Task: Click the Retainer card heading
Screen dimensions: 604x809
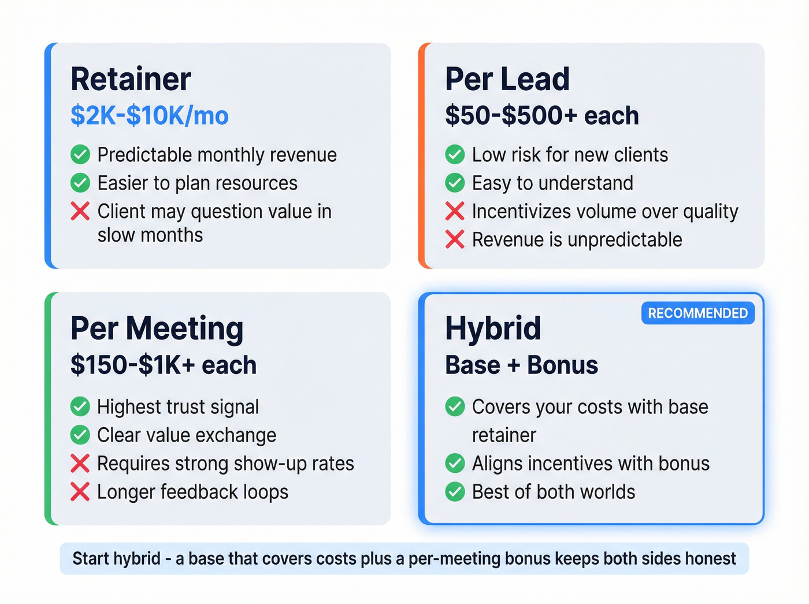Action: click(131, 79)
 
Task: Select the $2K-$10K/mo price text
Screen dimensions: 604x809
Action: click(149, 116)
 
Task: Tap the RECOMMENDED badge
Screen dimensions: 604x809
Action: click(697, 313)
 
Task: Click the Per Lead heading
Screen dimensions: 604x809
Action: click(507, 79)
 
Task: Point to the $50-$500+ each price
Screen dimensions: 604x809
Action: click(541, 116)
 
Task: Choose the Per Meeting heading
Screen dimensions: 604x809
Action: click(157, 328)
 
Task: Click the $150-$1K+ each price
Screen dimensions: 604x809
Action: click(163, 365)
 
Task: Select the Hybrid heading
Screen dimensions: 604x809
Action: click(492, 328)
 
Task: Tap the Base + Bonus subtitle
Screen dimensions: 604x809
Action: click(521, 365)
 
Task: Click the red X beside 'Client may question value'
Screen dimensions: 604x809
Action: click(80, 212)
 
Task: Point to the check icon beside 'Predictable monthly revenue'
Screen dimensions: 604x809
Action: click(80, 155)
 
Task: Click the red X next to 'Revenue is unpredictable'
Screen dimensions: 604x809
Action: click(455, 239)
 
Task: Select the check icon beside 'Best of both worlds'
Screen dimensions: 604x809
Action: click(455, 492)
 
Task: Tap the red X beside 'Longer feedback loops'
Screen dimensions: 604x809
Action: click(80, 492)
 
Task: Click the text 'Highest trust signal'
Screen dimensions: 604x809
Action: click(178, 407)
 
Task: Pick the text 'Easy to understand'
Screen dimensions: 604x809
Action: click(552, 183)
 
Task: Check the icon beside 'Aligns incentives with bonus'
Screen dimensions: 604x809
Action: click(455, 464)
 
